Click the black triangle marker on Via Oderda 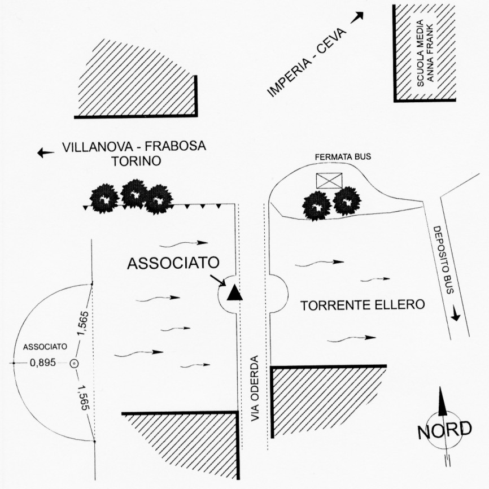pos(234,292)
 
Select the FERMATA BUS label pos(343,156)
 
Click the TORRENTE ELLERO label pos(362,305)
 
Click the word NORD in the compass pos(444,430)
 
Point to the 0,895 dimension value pos(43,363)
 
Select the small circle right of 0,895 pos(74,364)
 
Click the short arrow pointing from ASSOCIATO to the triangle pos(217,280)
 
